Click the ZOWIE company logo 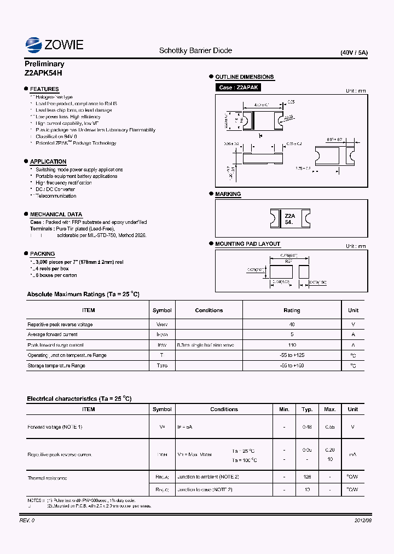[x=54, y=44]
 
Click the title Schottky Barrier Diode [x=195, y=50]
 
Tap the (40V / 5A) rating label [x=354, y=53]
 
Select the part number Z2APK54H [x=43, y=73]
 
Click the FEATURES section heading [x=44, y=89]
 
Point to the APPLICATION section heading [x=48, y=161]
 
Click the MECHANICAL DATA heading [x=56, y=214]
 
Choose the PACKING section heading [x=42, y=253]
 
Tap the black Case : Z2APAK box [x=238, y=88]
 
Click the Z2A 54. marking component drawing [x=290, y=219]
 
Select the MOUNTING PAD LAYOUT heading [x=247, y=244]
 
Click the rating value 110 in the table [x=292, y=345]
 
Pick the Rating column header [x=292, y=310]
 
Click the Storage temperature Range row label [x=56, y=365]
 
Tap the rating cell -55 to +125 [x=292, y=355]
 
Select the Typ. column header [x=307, y=409]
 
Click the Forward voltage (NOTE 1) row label [x=55, y=426]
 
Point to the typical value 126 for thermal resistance [x=307, y=477]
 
